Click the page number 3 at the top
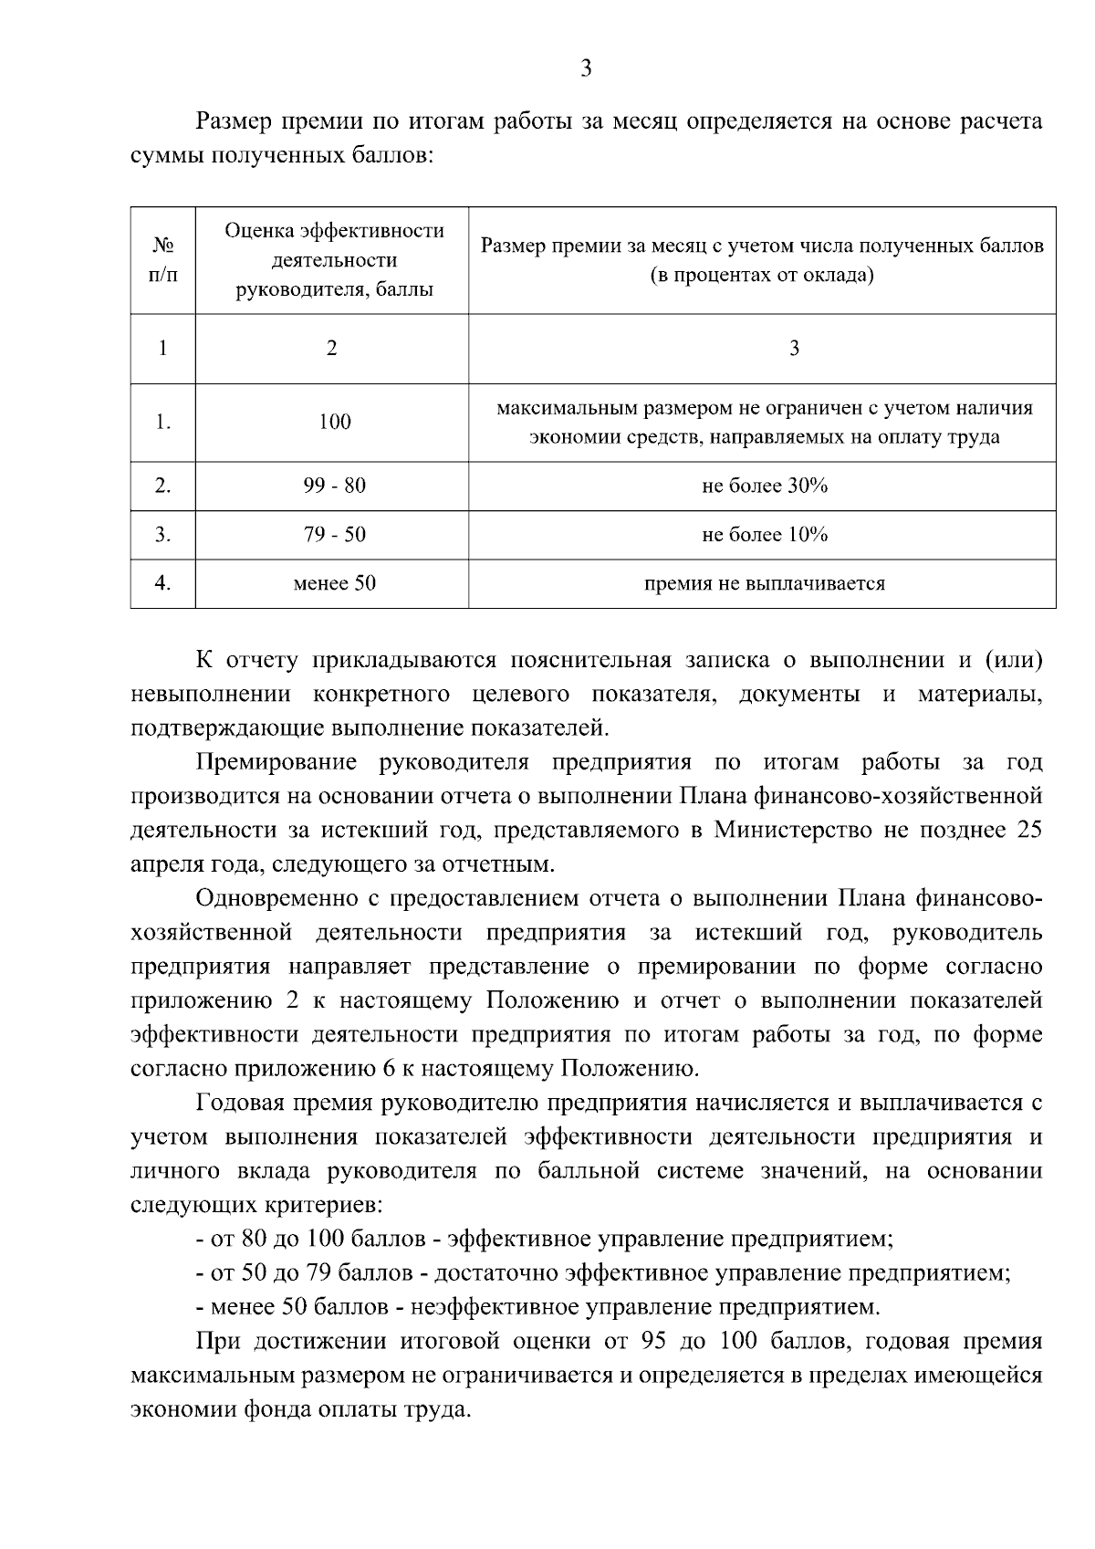pos(587,68)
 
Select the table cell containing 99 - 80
pos(334,486)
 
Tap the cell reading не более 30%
pos(764,486)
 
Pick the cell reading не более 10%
pos(764,535)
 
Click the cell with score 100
pos(334,422)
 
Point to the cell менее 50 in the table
pos(334,583)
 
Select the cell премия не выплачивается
pos(764,583)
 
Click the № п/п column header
pos(163,260)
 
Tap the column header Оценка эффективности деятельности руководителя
pos(334,260)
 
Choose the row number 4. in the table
pos(163,583)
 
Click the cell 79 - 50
pos(334,535)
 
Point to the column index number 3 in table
pos(794,349)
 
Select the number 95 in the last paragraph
pos(666,1343)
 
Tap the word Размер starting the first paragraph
pos(231,122)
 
